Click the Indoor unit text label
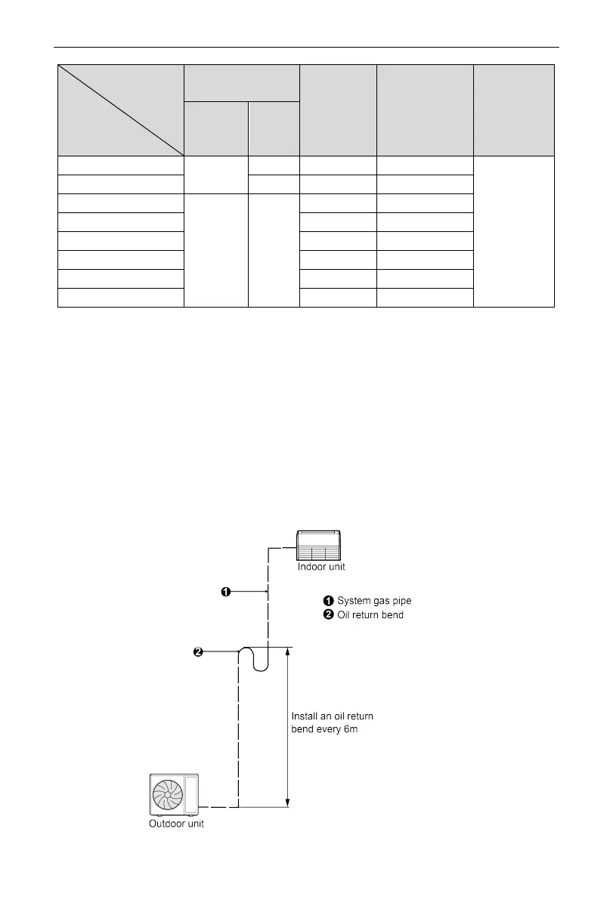(x=322, y=566)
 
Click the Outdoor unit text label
(x=176, y=824)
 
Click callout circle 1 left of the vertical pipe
(x=225, y=592)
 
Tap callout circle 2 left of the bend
(x=198, y=652)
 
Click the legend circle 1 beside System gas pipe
(x=329, y=601)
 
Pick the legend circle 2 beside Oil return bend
(x=329, y=614)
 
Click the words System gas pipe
(x=374, y=601)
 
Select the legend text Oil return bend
(x=370, y=614)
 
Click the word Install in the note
(x=305, y=716)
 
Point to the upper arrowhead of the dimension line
(x=287, y=651)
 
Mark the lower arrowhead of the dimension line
(x=287, y=803)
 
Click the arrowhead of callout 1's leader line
(x=265, y=592)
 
